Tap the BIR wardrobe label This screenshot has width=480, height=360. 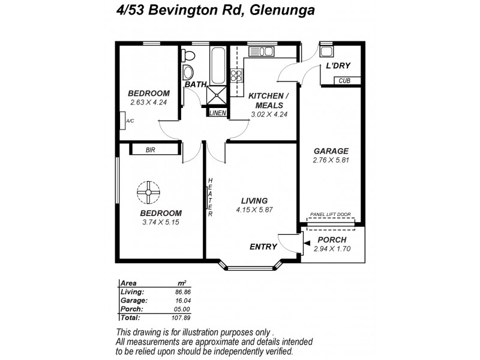[151, 150]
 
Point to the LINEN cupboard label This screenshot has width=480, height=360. [217, 112]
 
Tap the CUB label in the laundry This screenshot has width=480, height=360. [344, 80]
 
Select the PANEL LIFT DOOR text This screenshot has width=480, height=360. [330, 214]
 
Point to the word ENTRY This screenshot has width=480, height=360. [263, 247]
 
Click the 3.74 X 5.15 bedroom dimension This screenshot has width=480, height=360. [160, 222]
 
